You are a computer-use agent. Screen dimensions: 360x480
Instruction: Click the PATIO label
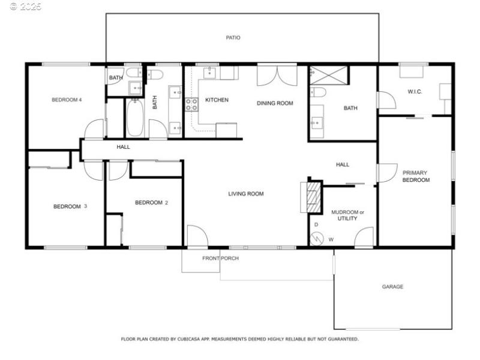point(233,38)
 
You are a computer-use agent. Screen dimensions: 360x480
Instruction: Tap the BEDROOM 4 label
point(67,100)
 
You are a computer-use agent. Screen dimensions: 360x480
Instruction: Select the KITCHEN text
point(217,100)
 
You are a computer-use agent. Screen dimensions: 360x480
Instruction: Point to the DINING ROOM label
point(275,103)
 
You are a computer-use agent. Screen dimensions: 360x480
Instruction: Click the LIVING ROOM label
point(245,194)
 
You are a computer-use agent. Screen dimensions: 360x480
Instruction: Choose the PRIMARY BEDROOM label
point(415,176)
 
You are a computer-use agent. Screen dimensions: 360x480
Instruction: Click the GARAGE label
point(392,287)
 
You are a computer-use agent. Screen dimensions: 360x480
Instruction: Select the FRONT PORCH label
point(220,259)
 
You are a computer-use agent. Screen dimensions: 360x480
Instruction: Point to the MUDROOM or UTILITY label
point(347,215)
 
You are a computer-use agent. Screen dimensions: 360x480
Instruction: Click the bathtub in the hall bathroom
point(134,118)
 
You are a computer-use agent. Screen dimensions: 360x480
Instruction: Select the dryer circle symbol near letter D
point(316,238)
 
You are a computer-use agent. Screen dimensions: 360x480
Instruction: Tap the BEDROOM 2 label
point(151,203)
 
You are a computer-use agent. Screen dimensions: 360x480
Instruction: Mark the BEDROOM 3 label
point(70,206)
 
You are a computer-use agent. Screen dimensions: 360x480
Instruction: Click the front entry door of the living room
point(197,236)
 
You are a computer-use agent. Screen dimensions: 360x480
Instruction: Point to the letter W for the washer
point(331,239)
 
